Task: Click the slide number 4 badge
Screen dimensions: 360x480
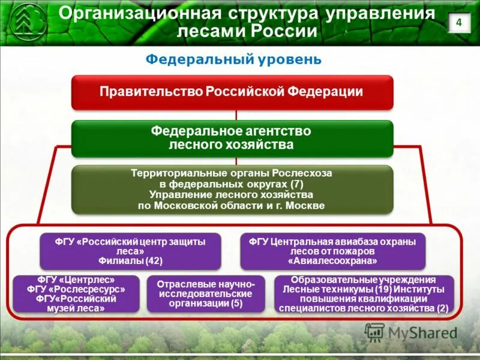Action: click(459, 23)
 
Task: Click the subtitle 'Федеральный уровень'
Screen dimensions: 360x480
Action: click(235, 60)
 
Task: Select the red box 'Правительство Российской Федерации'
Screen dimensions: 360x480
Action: click(232, 92)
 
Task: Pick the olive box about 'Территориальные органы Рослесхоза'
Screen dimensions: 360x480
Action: click(232, 190)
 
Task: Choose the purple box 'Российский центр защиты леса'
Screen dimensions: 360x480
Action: click(130, 251)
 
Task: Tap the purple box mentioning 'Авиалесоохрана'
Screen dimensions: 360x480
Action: click(332, 251)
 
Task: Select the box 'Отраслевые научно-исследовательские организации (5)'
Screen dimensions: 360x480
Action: click(205, 293)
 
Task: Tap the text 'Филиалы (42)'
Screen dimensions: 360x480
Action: click(130, 261)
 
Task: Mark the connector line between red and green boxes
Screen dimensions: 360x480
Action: click(236, 115)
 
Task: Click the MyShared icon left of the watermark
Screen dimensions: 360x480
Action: click(375, 332)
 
